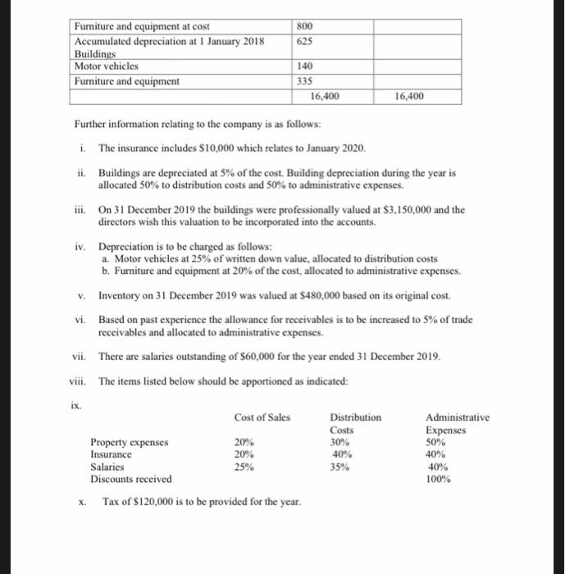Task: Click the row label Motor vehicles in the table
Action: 107,66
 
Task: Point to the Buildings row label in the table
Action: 95,53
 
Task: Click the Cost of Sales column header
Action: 262,417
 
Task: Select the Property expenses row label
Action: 129,442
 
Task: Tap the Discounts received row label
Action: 131,478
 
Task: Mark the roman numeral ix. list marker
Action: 75,403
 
